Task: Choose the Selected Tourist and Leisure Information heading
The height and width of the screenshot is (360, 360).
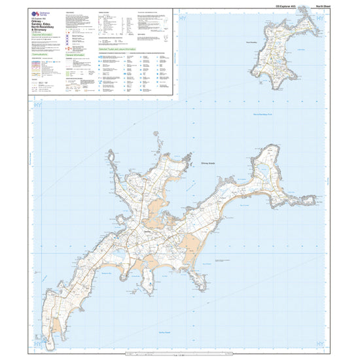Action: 118,48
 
